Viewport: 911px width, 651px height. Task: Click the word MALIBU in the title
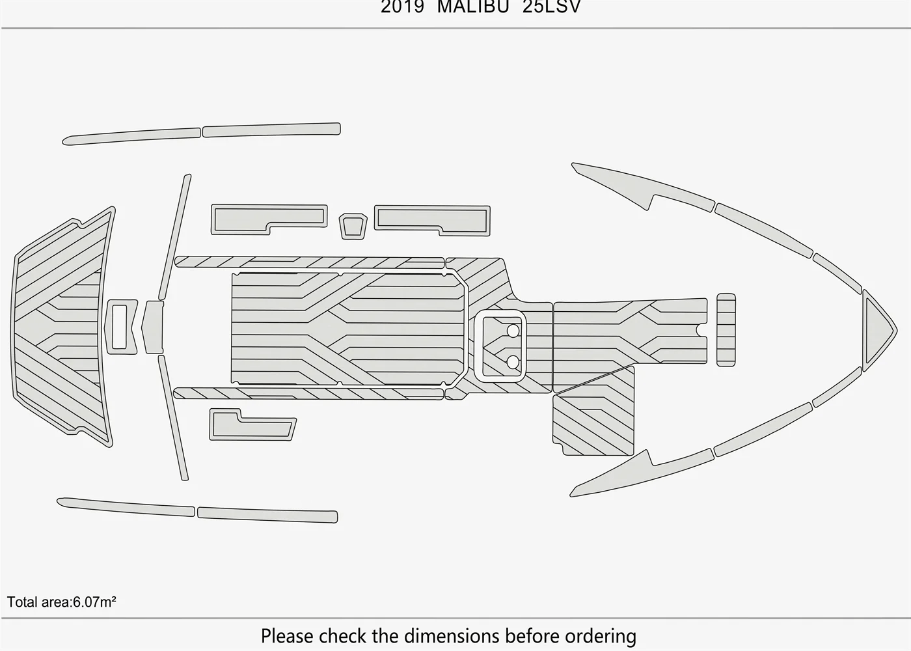[473, 7]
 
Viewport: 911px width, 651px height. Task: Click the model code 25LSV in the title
[552, 7]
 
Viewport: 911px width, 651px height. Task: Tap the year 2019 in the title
[402, 7]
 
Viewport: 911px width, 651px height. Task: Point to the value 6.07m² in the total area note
[94, 602]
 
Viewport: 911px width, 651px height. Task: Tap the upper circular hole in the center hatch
[513, 331]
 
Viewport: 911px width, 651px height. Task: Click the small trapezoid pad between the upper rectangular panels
[353, 227]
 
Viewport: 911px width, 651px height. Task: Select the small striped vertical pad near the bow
[726, 329]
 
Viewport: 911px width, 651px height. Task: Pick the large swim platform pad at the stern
[61, 327]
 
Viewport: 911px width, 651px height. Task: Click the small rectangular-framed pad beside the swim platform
[120, 327]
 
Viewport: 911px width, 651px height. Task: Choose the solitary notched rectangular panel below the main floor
[252, 424]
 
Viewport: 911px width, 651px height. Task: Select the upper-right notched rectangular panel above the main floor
[432, 220]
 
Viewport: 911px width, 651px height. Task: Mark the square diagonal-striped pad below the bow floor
[593, 411]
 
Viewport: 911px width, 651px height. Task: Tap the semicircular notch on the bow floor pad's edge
[703, 330]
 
